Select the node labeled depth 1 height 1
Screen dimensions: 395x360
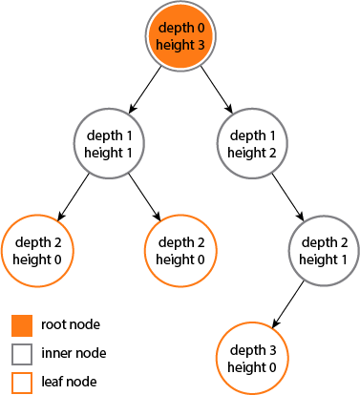[109, 144]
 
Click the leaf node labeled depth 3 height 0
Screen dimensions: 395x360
[254, 358]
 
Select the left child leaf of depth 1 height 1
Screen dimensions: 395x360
[37, 251]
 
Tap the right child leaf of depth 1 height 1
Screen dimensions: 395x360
[181, 251]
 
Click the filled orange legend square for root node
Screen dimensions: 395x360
[22, 325]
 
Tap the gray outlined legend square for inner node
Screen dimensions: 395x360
[22, 354]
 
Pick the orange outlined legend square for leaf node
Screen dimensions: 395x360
[22, 383]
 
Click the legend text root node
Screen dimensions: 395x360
[71, 325]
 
